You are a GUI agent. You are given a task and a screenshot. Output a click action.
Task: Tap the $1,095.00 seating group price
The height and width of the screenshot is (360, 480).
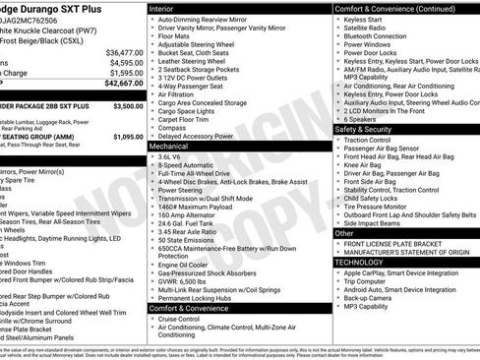[128, 137]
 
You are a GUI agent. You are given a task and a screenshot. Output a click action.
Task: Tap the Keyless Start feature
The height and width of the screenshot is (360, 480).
[366, 19]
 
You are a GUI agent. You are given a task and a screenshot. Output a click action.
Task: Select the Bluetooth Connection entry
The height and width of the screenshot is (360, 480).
[384, 35]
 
